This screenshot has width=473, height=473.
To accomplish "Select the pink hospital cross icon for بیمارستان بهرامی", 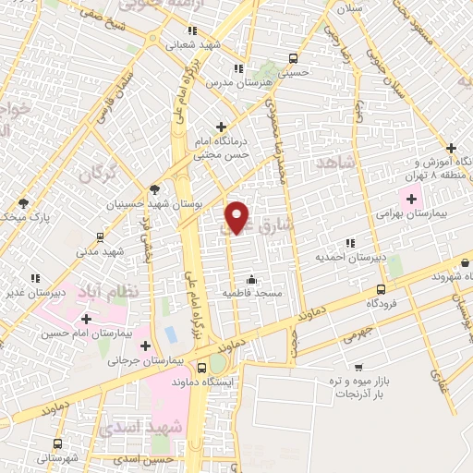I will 410,197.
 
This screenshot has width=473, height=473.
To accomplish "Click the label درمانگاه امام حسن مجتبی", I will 221,149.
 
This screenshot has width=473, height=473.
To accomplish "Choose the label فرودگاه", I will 385,302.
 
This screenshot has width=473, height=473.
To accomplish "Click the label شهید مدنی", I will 100,251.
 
